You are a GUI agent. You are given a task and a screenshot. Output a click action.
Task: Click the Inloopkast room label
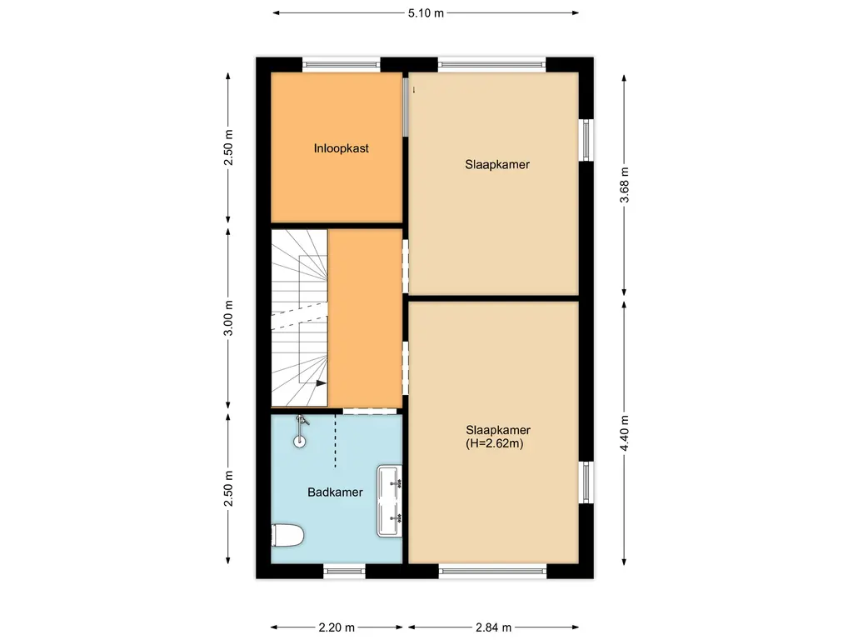point(341,148)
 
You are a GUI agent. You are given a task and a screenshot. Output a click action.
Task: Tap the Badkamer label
point(335,492)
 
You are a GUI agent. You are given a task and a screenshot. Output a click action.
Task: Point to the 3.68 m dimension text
point(625,185)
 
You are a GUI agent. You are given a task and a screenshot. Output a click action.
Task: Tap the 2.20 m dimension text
point(337,627)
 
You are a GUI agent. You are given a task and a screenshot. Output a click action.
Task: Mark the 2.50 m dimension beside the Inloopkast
point(229,148)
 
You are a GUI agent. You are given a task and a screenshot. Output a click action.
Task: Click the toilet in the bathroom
point(287,535)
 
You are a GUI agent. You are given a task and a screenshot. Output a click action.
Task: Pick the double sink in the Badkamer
point(390,500)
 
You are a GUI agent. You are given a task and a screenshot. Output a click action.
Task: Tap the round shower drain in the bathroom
point(300,442)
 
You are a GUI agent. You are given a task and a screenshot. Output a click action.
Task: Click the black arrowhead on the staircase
point(320,382)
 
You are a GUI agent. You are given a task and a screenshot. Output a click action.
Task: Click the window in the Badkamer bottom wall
point(343,571)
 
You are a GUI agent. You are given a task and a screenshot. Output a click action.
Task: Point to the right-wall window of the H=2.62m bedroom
point(586,483)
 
